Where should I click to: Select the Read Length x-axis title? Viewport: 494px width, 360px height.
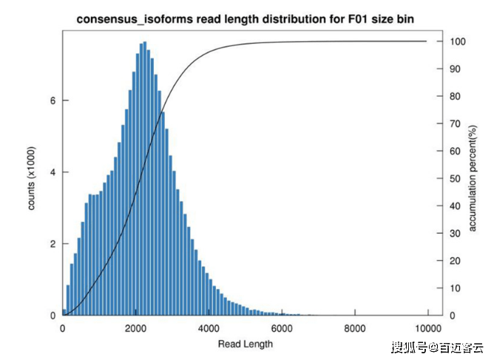coord(246,344)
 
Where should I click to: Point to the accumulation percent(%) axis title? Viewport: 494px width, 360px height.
coord(473,177)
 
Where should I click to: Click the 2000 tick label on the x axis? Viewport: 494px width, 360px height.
coord(135,329)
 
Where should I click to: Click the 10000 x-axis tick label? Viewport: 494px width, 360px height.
coord(427,329)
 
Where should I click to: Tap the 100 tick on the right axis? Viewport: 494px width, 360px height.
coord(458,41)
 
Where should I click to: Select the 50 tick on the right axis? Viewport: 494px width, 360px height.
coord(456,178)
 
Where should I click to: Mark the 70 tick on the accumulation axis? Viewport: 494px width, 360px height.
coord(456,123)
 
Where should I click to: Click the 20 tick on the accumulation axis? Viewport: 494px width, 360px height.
coord(456,260)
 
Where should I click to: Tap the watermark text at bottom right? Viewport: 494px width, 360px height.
coord(437,347)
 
